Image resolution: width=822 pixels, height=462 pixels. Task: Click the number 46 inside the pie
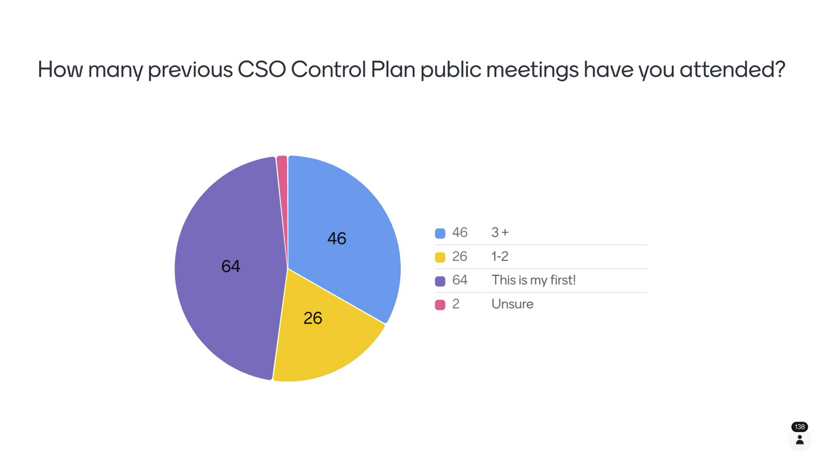click(x=337, y=239)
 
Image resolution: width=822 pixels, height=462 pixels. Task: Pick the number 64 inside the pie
click(x=231, y=266)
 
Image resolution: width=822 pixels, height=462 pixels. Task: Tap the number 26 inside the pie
click(x=313, y=318)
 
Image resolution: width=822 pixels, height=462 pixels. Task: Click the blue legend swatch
click(x=440, y=233)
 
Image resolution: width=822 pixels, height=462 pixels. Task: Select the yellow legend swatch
click(x=440, y=257)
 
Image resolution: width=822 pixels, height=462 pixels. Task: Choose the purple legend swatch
click(x=440, y=281)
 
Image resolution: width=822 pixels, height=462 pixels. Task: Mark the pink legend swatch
click(x=440, y=305)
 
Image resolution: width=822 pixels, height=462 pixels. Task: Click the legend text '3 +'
click(x=500, y=233)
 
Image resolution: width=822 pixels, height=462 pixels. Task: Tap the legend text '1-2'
click(x=500, y=256)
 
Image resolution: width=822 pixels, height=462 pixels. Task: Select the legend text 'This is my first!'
click(x=533, y=280)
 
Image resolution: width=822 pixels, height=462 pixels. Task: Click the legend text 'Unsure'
click(x=512, y=304)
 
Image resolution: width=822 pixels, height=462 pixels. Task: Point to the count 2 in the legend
click(x=456, y=304)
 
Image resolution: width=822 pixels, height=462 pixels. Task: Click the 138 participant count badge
click(x=799, y=427)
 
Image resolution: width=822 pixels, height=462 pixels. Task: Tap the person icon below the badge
click(x=799, y=440)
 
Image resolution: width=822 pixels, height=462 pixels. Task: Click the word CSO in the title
click(x=262, y=69)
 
